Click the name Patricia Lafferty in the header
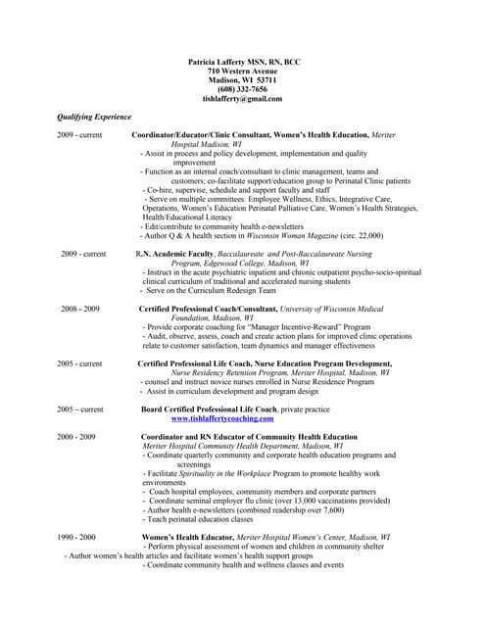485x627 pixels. tap(222, 62)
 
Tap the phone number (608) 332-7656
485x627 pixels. tap(242, 89)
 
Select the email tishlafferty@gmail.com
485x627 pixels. tap(242, 99)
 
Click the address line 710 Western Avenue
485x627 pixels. tap(242, 72)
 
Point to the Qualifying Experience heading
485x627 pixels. tap(94, 117)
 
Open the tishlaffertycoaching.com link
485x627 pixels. tap(222, 417)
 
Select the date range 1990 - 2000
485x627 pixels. tap(76, 537)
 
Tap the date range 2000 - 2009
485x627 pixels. tap(76, 436)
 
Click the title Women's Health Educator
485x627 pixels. tap(187, 537)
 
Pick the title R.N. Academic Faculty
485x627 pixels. tap(174, 254)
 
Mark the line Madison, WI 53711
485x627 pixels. tap(242, 80)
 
